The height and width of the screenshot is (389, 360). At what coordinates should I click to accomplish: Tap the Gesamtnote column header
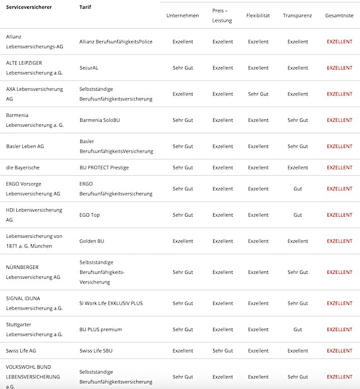pyautogui.click(x=339, y=15)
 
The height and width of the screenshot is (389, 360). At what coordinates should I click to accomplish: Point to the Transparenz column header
pyautogui.click(x=297, y=15)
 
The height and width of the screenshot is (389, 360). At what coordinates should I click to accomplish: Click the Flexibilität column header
pyautogui.click(x=258, y=15)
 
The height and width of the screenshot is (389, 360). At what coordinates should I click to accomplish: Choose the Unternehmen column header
pyautogui.click(x=182, y=15)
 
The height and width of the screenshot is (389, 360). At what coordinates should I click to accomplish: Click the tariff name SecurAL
pyautogui.click(x=89, y=68)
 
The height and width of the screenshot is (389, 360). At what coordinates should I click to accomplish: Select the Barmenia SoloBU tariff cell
pyautogui.click(x=100, y=120)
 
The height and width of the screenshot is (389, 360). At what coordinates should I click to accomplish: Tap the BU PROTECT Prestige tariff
pyautogui.click(x=104, y=167)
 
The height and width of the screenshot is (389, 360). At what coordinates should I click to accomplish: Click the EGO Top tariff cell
pyautogui.click(x=89, y=215)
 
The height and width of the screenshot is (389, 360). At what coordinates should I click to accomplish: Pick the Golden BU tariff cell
pyautogui.click(x=92, y=241)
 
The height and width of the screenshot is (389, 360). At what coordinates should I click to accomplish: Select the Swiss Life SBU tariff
pyautogui.click(x=96, y=351)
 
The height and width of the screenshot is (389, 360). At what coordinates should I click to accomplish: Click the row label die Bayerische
pyautogui.click(x=23, y=167)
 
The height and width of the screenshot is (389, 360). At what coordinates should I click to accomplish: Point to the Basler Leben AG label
pyautogui.click(x=25, y=147)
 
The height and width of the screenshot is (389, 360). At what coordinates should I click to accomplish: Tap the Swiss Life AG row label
pyautogui.click(x=21, y=351)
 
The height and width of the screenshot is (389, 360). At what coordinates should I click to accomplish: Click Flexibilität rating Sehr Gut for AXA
pyautogui.click(x=258, y=94)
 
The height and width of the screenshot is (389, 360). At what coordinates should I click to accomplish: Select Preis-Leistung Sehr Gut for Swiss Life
pyautogui.click(x=223, y=351)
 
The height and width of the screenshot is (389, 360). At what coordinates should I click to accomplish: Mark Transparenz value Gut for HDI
pyautogui.click(x=297, y=215)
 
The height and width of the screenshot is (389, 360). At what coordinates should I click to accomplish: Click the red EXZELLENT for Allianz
pyautogui.click(x=339, y=42)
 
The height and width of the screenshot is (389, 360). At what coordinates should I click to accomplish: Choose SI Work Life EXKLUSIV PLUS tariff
pyautogui.click(x=111, y=303)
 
